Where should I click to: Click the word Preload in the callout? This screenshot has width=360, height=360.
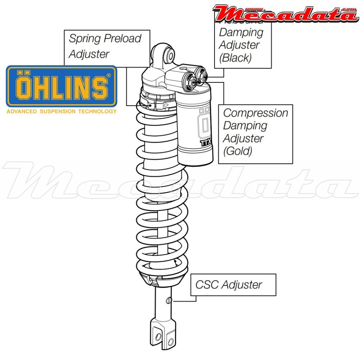coord(123,39)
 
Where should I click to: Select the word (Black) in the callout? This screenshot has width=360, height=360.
coord(235,58)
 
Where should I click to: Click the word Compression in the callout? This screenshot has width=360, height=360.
coord(256,113)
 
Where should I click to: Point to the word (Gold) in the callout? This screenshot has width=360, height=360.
coord(238,151)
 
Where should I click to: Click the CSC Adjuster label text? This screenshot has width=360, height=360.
coord(229,285)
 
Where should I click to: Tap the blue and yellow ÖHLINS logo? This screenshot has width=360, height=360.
coord(62,86)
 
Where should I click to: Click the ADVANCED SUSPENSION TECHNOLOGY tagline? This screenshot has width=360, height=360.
coord(62,111)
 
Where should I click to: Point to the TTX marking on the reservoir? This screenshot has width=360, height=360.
coord(206,143)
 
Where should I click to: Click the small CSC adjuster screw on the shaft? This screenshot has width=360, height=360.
coord(170,300)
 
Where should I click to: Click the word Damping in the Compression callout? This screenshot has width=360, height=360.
coord(245,126)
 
